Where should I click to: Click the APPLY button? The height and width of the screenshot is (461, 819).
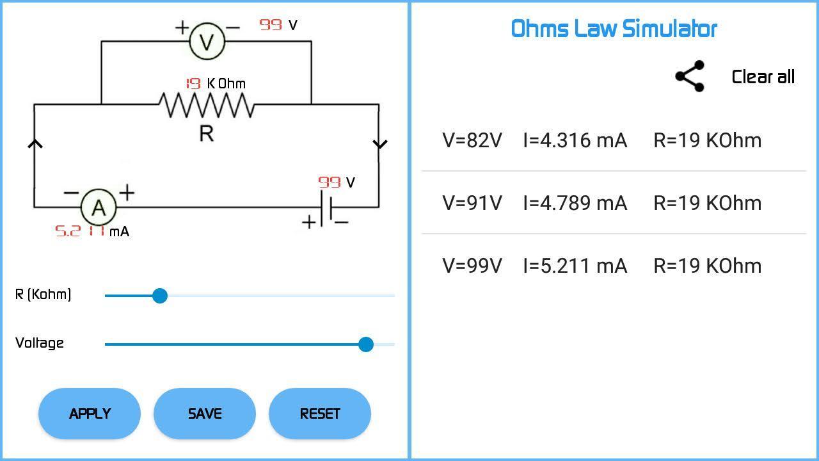90,414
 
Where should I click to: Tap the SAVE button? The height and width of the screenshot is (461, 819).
205,414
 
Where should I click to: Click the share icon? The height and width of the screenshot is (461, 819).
690,77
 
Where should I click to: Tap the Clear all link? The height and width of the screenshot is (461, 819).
763,77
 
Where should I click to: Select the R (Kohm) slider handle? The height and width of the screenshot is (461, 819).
160,296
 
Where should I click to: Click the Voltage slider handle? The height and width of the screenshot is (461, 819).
366,344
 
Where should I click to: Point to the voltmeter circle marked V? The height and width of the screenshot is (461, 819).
207,42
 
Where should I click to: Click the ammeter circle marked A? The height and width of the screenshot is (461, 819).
99,207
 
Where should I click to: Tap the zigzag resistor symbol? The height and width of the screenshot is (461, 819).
206,104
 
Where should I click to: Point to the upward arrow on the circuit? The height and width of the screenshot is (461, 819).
35,144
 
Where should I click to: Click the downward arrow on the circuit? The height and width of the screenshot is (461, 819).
379,144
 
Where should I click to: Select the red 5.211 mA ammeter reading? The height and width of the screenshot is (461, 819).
81,231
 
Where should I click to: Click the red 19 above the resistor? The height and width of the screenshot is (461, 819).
193,84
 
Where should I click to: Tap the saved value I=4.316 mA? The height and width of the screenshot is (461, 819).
575,140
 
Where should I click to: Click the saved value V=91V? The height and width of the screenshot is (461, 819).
472,203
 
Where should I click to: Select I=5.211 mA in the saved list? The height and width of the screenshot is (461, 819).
575,266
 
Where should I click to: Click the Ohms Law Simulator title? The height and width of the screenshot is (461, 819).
614,29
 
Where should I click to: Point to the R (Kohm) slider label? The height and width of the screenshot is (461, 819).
44,295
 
